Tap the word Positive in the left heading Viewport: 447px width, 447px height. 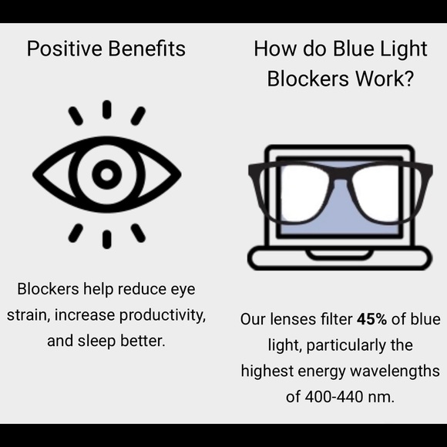pos(61,49)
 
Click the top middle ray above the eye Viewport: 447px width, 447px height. pos(106,109)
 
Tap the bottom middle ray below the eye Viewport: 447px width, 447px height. pos(106,239)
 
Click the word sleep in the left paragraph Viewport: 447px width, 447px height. pos(103,340)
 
